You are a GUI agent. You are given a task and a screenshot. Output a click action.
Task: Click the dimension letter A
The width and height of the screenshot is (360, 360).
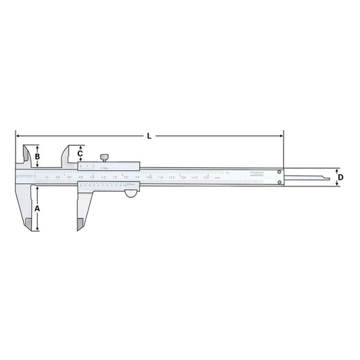point(37,209)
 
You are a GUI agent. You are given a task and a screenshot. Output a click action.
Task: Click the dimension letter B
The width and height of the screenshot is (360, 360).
point(37,157)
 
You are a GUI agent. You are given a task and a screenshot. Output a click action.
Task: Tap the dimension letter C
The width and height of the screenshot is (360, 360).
point(80,153)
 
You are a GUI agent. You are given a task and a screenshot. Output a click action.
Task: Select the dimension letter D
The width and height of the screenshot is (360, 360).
point(340,177)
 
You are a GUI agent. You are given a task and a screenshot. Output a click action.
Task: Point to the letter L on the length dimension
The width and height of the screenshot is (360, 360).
point(149,136)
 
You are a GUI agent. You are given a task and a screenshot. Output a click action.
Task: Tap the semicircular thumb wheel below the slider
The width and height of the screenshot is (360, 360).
point(130,194)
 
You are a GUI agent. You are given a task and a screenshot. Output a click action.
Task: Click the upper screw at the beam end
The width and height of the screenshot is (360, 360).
point(278,172)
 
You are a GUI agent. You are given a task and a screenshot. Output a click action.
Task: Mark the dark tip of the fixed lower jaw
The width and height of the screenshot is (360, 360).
point(28,222)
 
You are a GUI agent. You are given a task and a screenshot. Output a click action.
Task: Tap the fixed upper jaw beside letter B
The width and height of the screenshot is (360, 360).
point(25,156)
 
